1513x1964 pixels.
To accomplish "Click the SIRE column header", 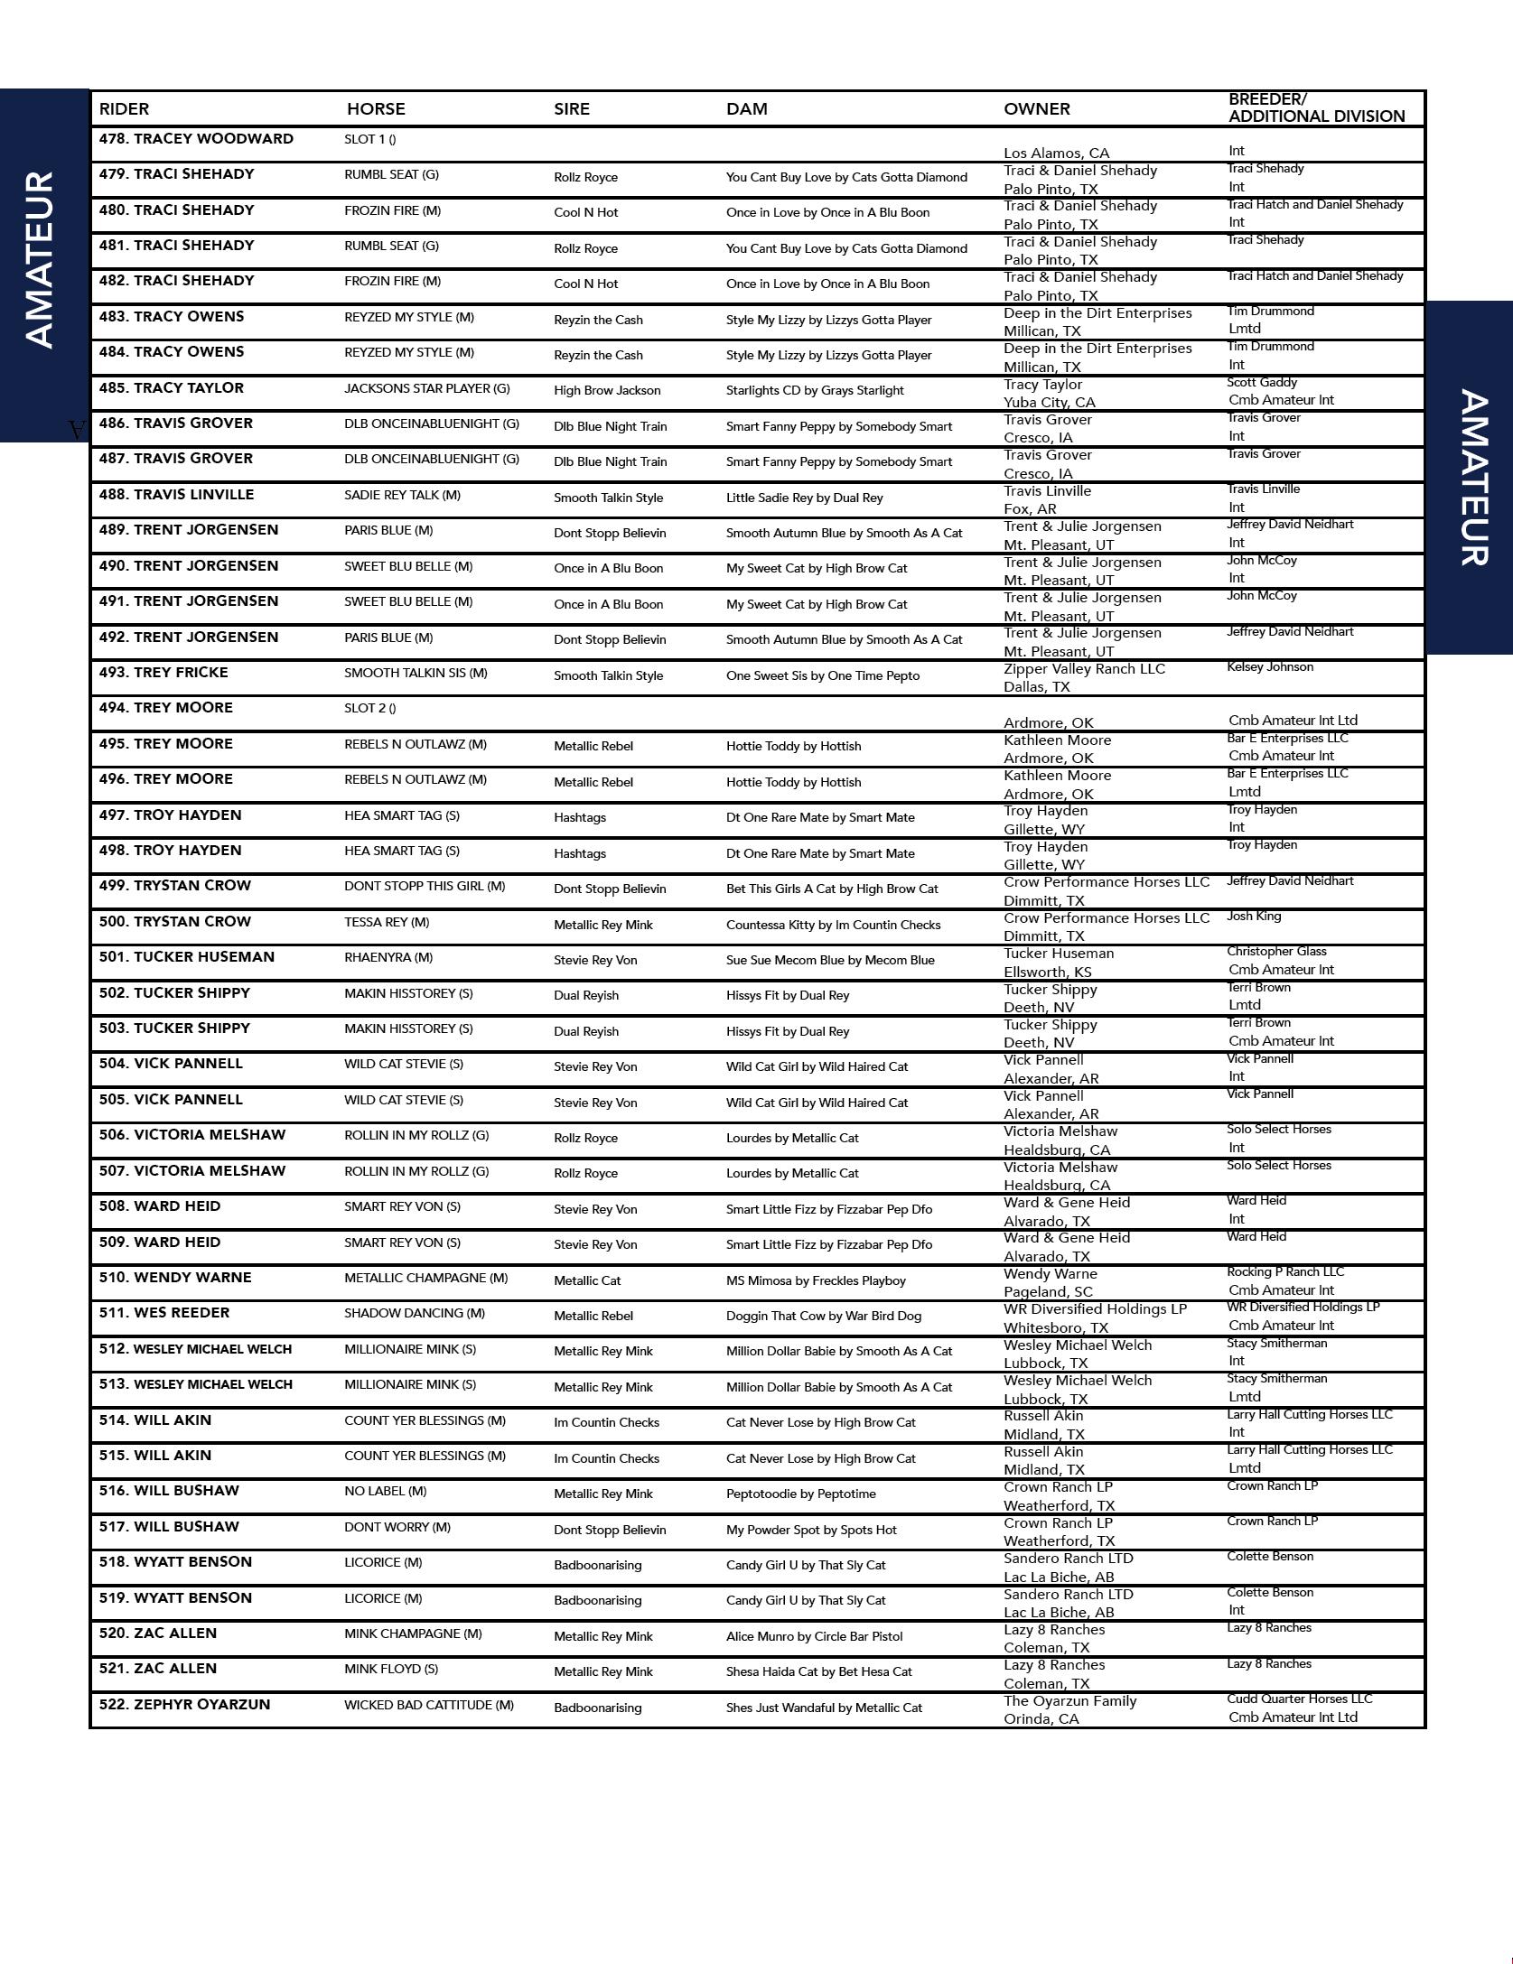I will coord(571,109).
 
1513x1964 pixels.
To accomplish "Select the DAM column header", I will coord(746,109).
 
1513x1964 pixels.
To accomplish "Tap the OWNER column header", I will coord(1036,109).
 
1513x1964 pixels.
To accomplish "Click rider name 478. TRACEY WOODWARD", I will coord(196,139).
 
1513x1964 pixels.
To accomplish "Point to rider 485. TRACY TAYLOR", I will coord(171,388).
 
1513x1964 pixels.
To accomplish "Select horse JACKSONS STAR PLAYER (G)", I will coord(426,389).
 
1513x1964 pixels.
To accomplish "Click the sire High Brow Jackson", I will coord(607,391).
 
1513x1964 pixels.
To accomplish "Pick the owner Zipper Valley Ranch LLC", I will coord(1084,669).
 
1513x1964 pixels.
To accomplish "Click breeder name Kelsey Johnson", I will coord(1270,667).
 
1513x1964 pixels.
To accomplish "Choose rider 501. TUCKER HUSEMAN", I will coord(186,957).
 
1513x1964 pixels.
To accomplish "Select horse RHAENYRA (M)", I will coord(388,958).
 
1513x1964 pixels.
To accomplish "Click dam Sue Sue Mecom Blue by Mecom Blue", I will coord(830,961).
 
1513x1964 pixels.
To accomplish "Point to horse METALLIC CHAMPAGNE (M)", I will coord(425,1279).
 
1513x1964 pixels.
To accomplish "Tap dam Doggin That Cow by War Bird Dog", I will coord(824,1317).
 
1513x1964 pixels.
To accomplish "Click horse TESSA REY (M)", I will coord(387,923).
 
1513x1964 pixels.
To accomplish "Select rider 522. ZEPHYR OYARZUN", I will coord(184,1705).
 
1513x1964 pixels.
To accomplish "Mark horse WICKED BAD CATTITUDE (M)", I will coord(428,1706).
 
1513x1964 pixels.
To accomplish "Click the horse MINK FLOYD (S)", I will coord(390,1670).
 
